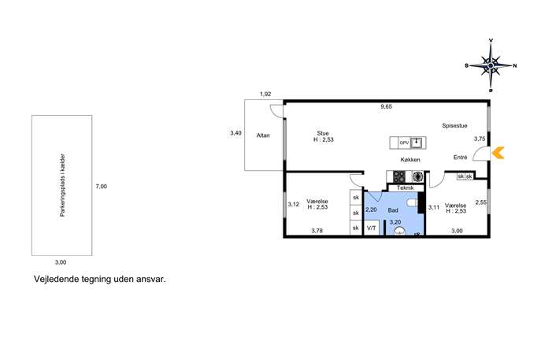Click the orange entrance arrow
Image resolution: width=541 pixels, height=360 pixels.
498,153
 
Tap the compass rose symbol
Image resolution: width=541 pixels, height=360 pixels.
491,65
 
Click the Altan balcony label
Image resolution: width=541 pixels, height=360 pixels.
263,135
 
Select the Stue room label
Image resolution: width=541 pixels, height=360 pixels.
323,133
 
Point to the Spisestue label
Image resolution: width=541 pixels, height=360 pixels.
454,125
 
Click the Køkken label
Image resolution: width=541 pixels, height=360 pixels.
410,160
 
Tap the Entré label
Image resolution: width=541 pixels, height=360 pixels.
460,158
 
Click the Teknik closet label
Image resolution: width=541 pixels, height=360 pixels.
405,187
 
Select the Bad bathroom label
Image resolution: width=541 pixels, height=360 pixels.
393,210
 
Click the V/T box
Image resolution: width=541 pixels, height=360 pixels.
372,228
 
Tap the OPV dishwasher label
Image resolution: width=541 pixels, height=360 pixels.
404,143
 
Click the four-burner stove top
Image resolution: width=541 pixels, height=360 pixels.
399,176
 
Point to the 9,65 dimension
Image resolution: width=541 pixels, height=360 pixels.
386,106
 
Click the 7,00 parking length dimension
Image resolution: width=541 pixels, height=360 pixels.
101,187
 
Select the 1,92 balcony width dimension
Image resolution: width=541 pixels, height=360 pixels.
265,94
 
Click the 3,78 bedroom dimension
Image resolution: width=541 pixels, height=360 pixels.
317,231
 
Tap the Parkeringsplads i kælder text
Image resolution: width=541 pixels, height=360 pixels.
62,185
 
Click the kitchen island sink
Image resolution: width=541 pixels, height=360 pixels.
417,143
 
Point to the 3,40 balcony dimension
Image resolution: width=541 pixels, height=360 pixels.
236,133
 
